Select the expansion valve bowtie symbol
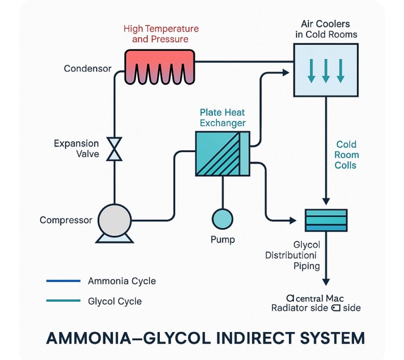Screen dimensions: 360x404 [115, 149]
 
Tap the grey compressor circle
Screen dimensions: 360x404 [114, 220]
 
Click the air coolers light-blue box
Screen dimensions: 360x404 [325, 70]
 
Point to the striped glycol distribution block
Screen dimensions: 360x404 [326, 220]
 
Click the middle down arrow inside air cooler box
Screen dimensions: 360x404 [325, 70]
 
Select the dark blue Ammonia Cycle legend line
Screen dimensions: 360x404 [63, 281]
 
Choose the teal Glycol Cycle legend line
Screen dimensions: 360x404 [63, 301]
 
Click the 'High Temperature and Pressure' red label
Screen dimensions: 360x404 [161, 34]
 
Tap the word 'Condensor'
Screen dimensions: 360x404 [88, 69]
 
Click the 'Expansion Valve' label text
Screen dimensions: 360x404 [77, 148]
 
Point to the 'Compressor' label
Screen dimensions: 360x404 [66, 220]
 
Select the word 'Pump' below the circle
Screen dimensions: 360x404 [223, 239]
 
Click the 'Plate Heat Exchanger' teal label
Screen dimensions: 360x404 [223, 117]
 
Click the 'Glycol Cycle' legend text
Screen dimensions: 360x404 [115, 301]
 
